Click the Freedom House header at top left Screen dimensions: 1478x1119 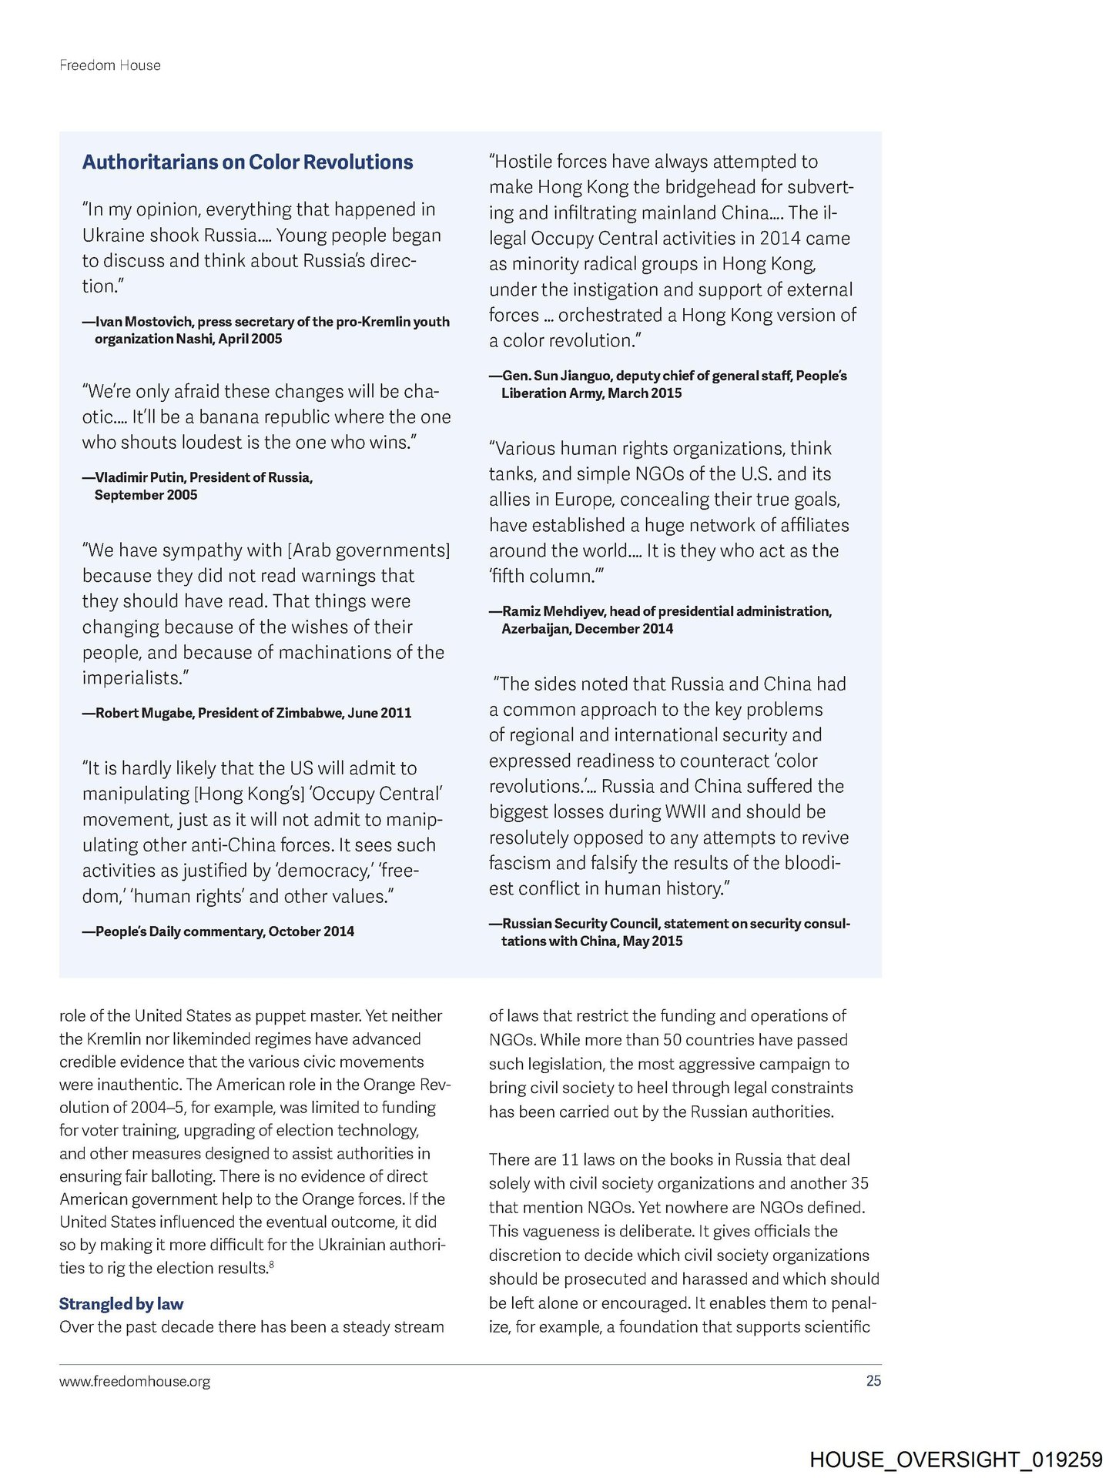[110, 65]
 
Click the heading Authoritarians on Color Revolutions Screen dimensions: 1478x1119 [247, 162]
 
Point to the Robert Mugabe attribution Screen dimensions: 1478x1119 [246, 713]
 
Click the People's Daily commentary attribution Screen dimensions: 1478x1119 [219, 931]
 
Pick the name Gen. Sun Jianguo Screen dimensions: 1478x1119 [556, 376]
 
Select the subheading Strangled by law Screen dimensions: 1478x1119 [121, 1303]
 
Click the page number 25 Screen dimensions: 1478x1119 [873, 1381]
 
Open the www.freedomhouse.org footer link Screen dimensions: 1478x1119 [135, 1382]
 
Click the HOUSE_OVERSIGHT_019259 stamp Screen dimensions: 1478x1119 [956, 1460]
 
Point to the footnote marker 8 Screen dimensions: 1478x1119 [272, 1264]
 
